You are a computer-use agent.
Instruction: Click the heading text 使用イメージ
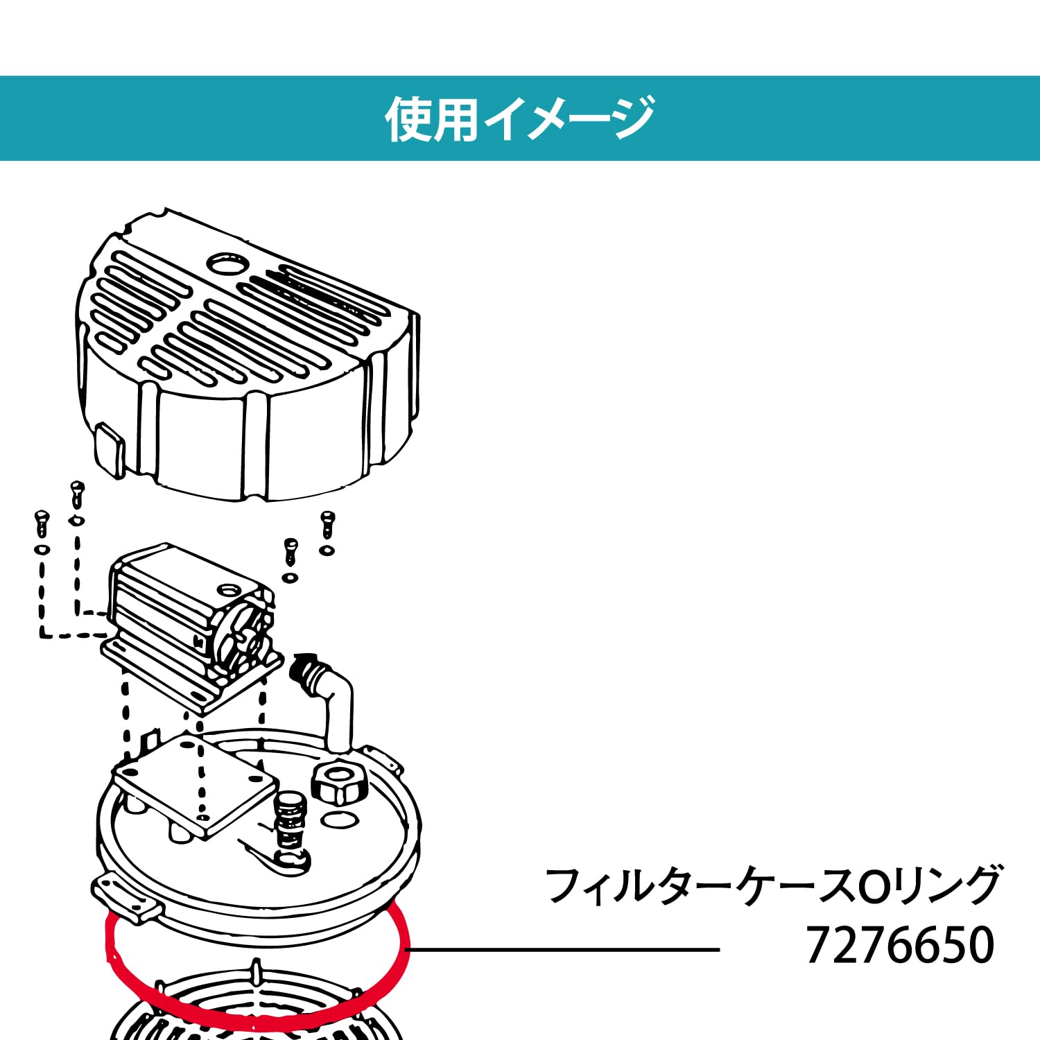tap(519, 119)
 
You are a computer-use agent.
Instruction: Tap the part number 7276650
tap(900, 946)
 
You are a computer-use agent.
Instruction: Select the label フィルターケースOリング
tap(772, 885)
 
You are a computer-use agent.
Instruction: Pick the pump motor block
tap(187, 610)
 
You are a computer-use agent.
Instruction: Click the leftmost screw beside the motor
tap(42, 523)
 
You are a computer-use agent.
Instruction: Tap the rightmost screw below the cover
tap(327, 523)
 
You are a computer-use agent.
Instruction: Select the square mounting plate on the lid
tap(196, 783)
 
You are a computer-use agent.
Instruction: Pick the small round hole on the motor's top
tap(226, 590)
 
